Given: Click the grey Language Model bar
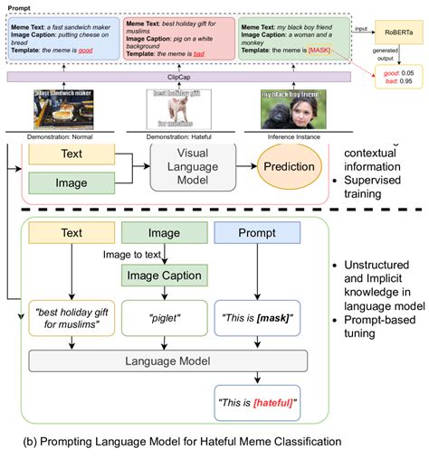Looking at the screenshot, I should [x=166, y=360].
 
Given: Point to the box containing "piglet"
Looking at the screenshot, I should [x=166, y=317].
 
